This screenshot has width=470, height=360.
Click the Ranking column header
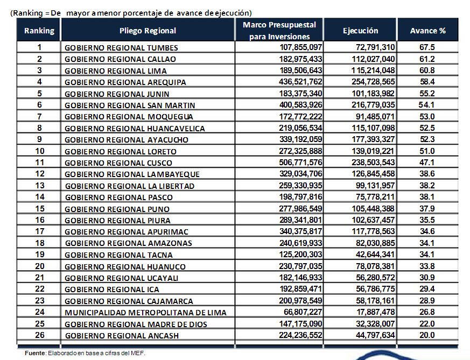tap(39, 31)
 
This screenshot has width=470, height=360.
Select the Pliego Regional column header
tap(148, 31)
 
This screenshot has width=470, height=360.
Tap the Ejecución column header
tap(360, 31)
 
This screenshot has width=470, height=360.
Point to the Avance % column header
tap(427, 31)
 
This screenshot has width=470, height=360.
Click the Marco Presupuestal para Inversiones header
tap(279, 31)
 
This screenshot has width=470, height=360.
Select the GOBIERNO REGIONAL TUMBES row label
tap(121, 47)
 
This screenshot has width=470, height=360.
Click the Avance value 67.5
tap(427, 47)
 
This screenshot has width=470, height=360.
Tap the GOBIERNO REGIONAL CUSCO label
tap(118, 163)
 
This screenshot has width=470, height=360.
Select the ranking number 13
tap(39, 186)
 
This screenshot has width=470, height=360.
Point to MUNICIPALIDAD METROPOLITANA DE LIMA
tap(145, 312)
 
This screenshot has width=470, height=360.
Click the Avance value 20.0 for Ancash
tap(427, 335)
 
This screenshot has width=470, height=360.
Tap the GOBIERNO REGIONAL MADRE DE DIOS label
tap(136, 324)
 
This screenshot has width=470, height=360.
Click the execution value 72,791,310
tap(371, 47)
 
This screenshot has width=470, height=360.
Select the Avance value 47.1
tap(427, 163)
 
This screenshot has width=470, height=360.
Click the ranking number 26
tap(39, 335)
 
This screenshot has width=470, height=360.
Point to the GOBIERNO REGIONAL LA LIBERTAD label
tap(129, 186)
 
